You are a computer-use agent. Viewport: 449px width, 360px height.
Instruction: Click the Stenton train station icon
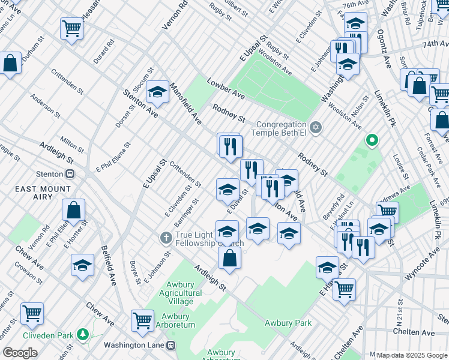point(70,174)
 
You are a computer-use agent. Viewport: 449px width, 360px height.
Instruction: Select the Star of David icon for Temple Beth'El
point(316,127)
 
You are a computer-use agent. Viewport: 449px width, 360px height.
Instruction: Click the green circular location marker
point(372,140)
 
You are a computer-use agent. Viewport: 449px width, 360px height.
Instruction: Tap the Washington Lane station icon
point(172,345)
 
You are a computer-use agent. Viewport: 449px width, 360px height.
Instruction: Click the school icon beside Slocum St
point(157,92)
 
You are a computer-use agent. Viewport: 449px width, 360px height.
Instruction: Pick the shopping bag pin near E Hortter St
point(73,211)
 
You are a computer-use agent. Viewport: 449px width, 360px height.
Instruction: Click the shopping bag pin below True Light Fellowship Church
point(229,259)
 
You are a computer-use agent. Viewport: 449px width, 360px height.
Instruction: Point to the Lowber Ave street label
point(226,88)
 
